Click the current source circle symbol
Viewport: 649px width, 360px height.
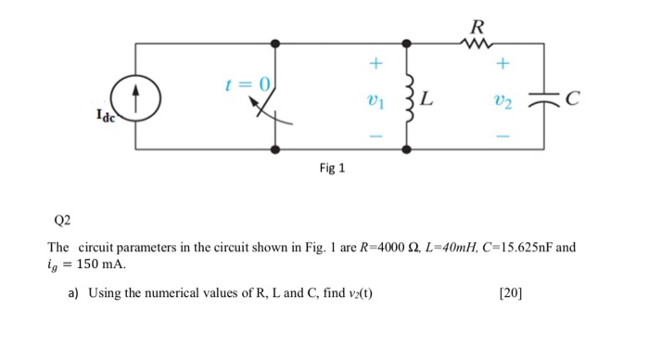(x=135, y=95)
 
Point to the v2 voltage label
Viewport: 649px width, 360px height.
(x=503, y=96)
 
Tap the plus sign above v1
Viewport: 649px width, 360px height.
(x=375, y=64)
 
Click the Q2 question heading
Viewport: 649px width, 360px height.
(x=62, y=223)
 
